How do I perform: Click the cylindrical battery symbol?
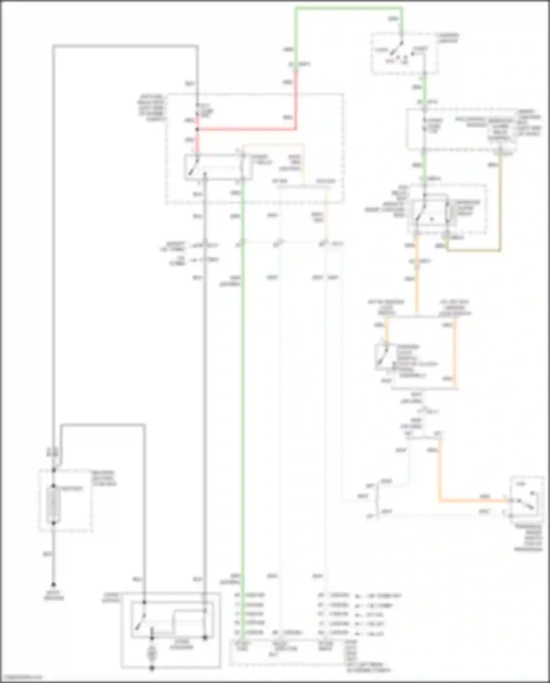tap(54, 505)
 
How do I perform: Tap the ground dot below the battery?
tap(54, 585)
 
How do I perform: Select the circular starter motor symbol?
tap(151, 654)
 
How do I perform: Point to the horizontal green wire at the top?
tap(348, 8)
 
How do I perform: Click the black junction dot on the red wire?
tap(197, 129)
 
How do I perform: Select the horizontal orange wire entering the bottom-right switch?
tap(473, 500)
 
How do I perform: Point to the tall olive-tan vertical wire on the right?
tap(500, 202)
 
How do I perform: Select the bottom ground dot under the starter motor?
tap(151, 668)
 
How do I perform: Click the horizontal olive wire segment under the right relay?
tap(473, 251)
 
